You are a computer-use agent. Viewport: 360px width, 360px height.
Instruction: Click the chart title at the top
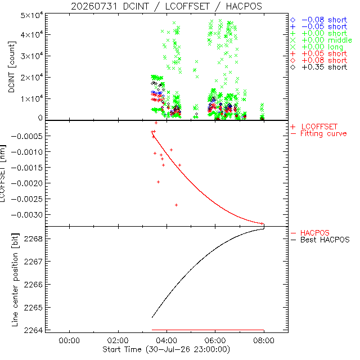(x=166, y=6)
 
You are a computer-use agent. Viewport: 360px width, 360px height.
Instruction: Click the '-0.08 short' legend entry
(x=319, y=20)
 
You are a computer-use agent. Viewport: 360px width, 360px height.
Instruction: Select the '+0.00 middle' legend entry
(x=321, y=40)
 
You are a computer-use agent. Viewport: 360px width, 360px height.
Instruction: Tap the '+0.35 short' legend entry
(x=319, y=67)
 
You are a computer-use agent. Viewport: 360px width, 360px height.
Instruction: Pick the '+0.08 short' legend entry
(x=319, y=61)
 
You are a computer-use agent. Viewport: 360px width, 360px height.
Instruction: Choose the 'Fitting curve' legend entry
(x=319, y=134)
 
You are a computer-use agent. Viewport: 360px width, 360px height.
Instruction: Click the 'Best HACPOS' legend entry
(x=320, y=240)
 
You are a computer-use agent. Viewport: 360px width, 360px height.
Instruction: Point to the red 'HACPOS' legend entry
(x=310, y=233)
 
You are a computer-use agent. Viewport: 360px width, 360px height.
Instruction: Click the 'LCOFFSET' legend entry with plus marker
(x=314, y=127)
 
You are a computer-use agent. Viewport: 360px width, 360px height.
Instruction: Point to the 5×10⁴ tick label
(x=32, y=15)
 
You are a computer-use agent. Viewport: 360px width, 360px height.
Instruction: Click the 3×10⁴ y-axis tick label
(x=32, y=56)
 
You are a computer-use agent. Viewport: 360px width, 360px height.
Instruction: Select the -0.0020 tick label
(x=27, y=183)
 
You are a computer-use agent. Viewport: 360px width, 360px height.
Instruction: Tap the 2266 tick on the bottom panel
(x=34, y=285)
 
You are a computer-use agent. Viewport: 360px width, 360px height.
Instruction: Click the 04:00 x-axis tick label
(x=166, y=340)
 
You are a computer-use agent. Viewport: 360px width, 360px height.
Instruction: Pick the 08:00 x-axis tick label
(x=264, y=340)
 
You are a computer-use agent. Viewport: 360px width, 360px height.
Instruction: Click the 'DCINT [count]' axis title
(x=12, y=67)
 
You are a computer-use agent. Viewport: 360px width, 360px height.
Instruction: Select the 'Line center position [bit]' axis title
(x=15, y=280)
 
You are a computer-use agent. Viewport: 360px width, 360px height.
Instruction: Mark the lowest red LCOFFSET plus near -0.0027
(x=176, y=205)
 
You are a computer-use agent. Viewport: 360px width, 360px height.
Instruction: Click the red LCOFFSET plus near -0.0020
(x=158, y=182)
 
